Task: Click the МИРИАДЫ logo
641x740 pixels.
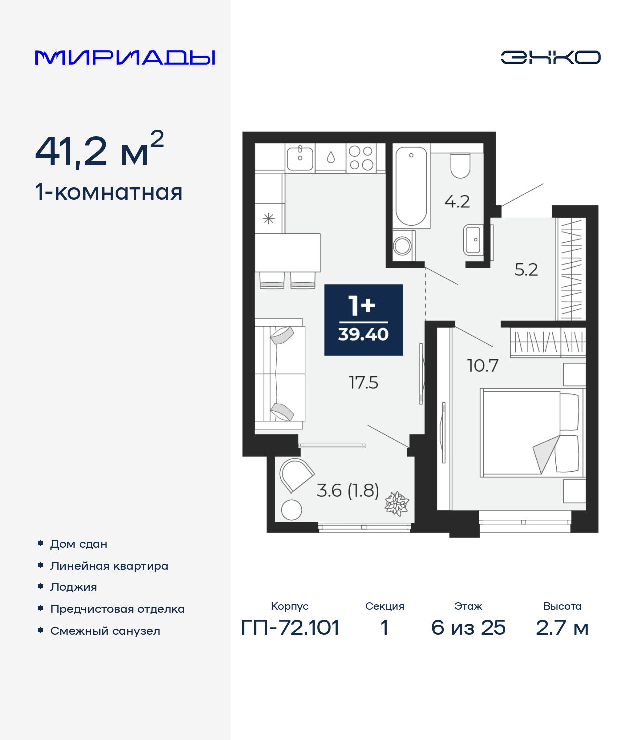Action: [125, 57]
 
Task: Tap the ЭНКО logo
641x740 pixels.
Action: [550, 57]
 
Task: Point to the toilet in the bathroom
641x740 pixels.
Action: [460, 165]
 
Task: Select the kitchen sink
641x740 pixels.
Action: [300, 157]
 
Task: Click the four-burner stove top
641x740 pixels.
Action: [361, 158]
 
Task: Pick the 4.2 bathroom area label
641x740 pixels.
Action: [457, 202]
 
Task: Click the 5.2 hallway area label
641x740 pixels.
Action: [526, 270]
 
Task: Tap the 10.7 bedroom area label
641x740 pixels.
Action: [482, 366]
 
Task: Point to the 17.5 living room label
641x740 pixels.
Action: [363, 383]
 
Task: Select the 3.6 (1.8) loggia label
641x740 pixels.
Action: [348, 490]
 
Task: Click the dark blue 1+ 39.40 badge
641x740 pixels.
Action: [363, 320]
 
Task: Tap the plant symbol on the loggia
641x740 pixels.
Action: [397, 503]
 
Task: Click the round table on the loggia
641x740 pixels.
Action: [291, 510]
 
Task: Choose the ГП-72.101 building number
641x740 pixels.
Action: [290, 627]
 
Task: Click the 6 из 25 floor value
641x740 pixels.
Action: [468, 627]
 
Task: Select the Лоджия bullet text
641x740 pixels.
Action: [73, 587]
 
